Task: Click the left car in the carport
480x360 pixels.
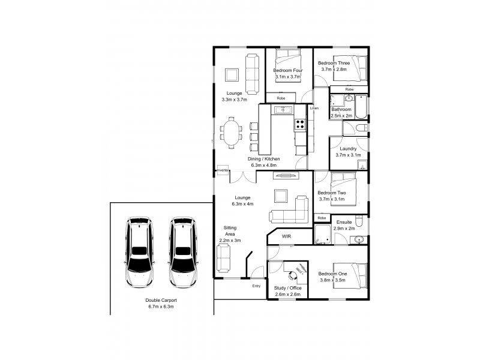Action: [139, 252]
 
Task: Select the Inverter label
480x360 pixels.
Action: [223, 170]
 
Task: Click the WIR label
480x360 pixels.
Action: [286, 237]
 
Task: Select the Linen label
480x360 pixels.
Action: [313, 109]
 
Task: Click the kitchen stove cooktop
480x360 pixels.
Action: [300, 125]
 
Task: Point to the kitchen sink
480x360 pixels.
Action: [282, 110]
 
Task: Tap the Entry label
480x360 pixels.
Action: [257, 286]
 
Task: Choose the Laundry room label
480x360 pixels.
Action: [348, 149]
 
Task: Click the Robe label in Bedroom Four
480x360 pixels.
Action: [281, 98]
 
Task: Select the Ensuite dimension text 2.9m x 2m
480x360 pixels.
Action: [344, 229]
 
